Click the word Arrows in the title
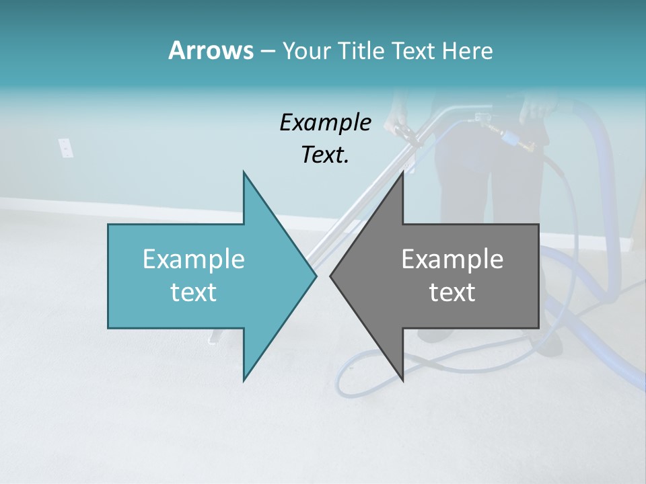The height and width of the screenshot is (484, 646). [210, 50]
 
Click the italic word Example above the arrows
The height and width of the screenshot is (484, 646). [325, 123]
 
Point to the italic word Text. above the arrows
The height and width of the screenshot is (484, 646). [325, 155]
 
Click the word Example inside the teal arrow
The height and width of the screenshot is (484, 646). [194, 259]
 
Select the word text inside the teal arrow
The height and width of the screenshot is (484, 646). [194, 292]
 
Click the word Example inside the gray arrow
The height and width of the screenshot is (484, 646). [452, 259]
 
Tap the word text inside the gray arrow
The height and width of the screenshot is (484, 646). [452, 292]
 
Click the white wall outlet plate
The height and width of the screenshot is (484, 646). [65, 147]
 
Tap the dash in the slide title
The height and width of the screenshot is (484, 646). [267, 51]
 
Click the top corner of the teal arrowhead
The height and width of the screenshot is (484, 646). [244, 172]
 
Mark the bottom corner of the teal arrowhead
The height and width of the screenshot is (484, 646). [244, 380]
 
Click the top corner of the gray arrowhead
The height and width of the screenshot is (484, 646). [402, 172]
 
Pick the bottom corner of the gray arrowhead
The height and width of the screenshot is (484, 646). [402, 380]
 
